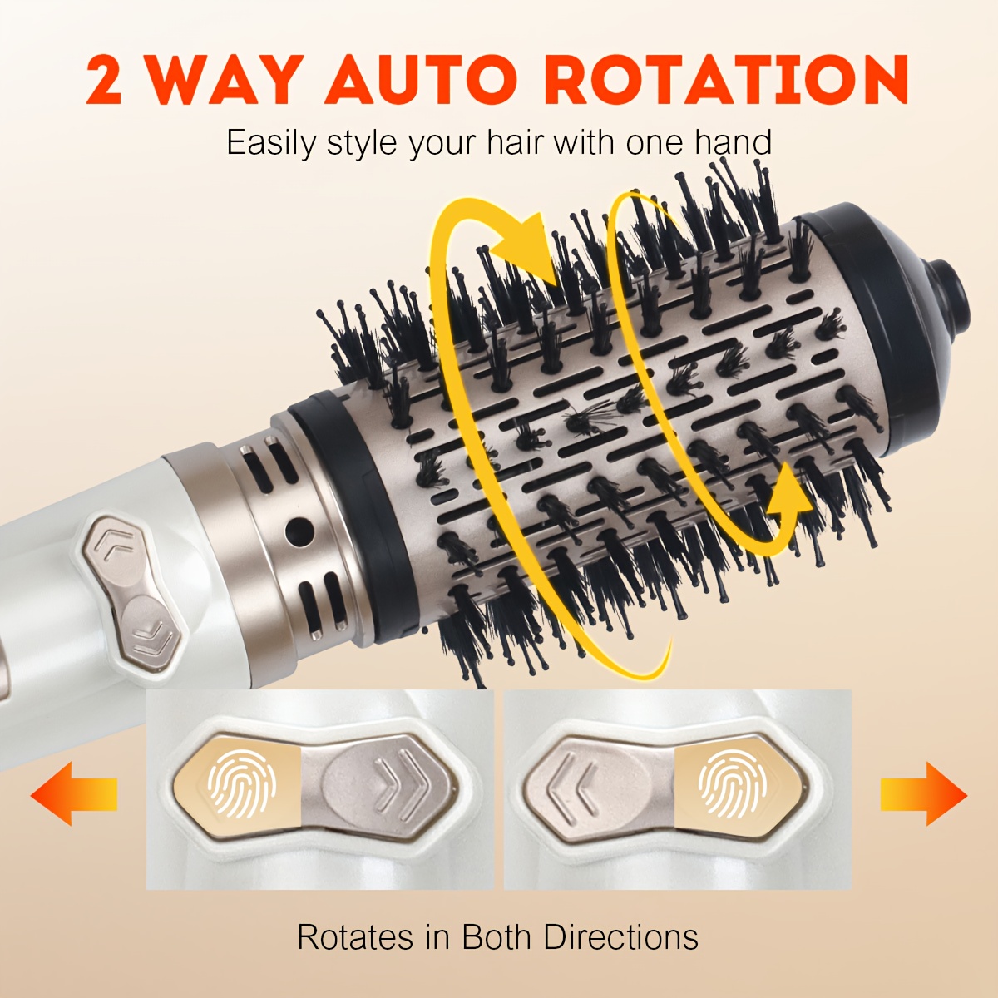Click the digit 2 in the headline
point(105,80)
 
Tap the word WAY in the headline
point(225,80)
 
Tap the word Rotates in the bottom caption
point(355,937)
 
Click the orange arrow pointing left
point(73,793)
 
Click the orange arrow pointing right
point(924,793)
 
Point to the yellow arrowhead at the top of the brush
point(524,249)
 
